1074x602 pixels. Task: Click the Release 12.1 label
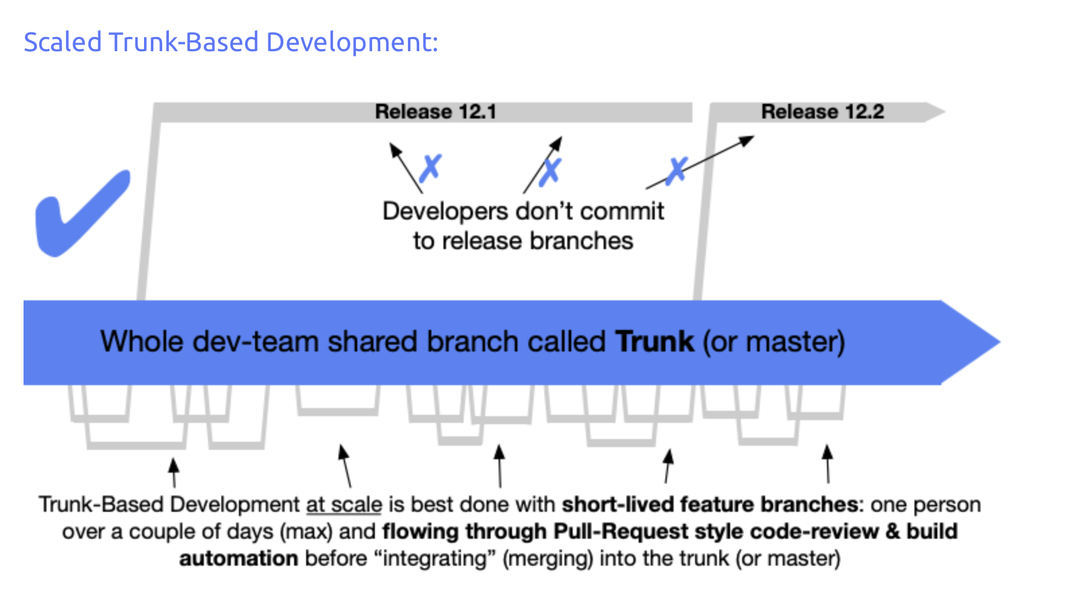[x=435, y=112]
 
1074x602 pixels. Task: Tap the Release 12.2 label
[x=822, y=112]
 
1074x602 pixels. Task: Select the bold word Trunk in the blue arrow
[x=654, y=342]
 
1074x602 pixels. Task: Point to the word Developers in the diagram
[x=445, y=211]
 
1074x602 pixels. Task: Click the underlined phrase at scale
[x=344, y=504]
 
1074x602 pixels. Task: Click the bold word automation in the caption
[x=238, y=558]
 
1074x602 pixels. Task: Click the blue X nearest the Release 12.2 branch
[x=677, y=170]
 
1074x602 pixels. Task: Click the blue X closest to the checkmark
[x=430, y=168]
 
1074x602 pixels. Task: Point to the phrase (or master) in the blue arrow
[x=774, y=342]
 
